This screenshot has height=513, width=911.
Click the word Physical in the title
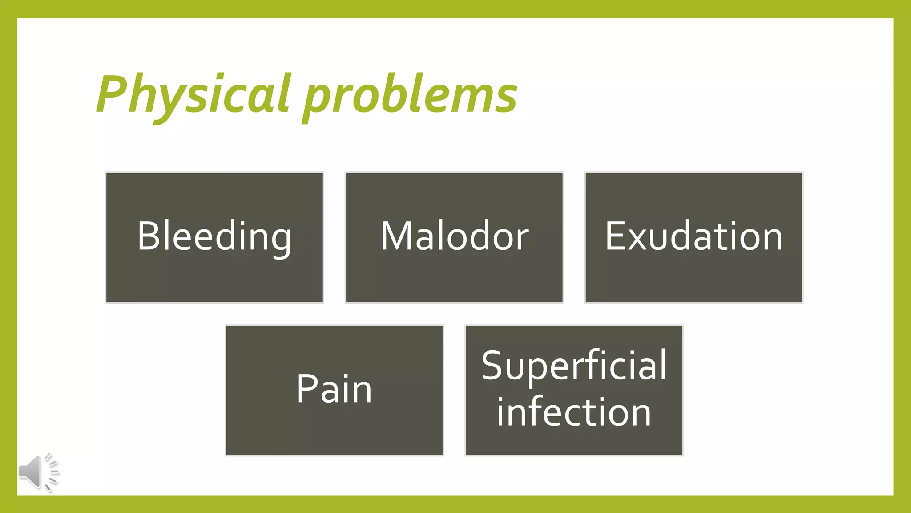point(193,94)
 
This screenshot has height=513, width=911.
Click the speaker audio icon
point(38,472)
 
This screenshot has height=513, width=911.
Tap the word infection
point(574,412)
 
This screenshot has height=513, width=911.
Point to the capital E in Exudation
point(616,236)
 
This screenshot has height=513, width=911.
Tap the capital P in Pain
point(306,388)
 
